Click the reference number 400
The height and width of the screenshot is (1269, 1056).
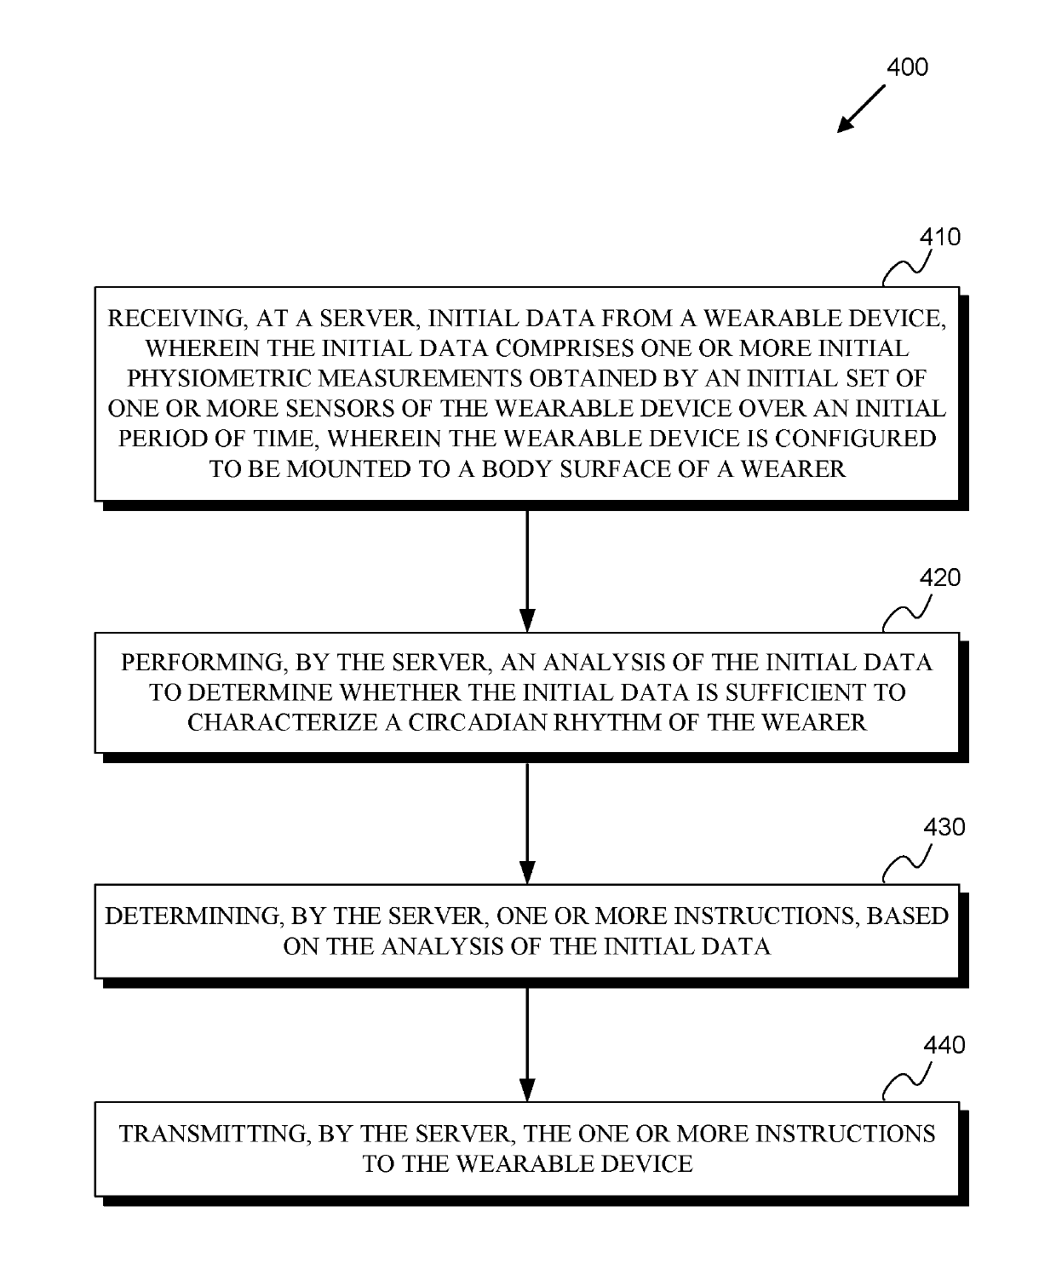tap(907, 66)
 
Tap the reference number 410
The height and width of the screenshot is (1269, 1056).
tap(939, 237)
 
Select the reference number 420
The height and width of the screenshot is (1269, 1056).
tap(939, 578)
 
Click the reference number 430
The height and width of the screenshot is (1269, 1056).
tap(944, 827)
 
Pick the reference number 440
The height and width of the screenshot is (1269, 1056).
tap(944, 1045)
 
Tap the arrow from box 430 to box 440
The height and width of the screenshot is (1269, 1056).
tap(527, 1043)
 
